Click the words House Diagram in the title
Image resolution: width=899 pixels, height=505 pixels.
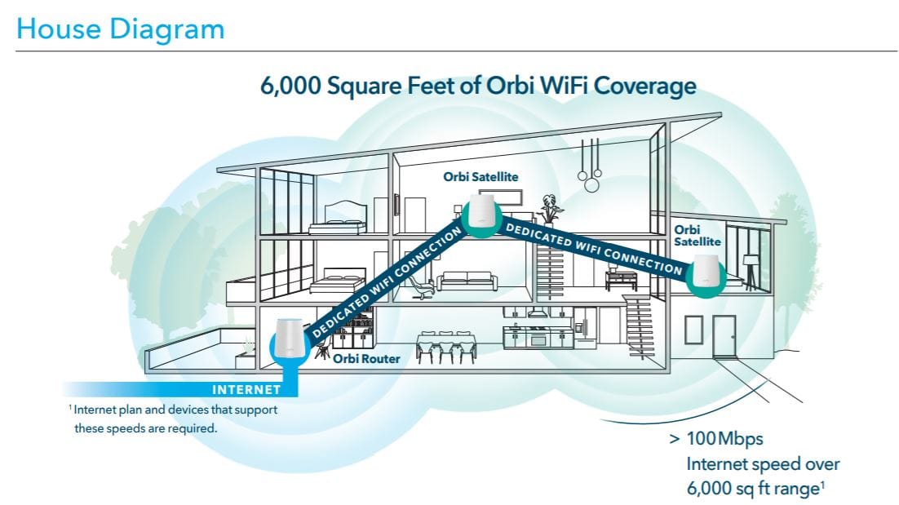point(120,29)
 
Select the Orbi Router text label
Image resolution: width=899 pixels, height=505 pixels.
point(366,357)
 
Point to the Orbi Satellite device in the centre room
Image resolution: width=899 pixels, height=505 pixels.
point(482,208)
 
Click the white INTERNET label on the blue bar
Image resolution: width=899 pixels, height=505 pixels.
point(246,390)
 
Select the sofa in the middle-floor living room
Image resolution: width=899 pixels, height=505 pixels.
point(467,281)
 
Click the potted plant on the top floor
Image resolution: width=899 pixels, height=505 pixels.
point(548,209)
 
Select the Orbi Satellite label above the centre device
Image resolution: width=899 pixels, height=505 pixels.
point(480,175)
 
